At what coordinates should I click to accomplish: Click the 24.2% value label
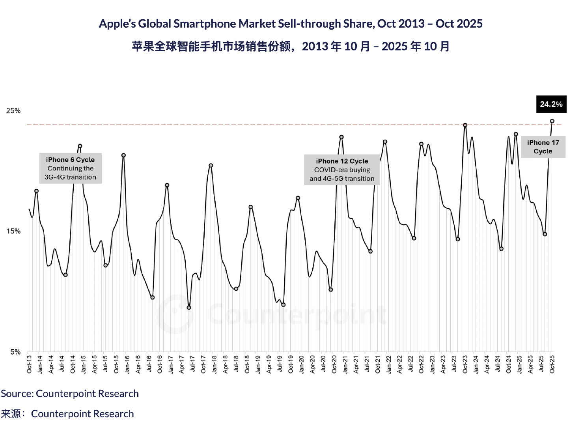coord(551,104)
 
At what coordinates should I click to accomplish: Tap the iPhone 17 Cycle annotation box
coord(543,147)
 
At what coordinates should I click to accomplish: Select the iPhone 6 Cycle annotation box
coord(71,168)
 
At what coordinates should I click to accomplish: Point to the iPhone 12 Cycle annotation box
coord(342,170)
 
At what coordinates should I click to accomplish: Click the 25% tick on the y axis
coord(13,111)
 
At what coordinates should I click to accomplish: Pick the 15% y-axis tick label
coord(13,231)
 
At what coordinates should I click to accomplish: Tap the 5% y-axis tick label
coord(15,352)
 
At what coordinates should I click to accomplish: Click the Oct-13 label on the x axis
coord(29,364)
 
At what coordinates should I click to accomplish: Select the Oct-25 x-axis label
coord(552,364)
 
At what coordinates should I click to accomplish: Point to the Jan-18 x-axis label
coord(214,364)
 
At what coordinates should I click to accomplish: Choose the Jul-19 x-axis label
coord(280,364)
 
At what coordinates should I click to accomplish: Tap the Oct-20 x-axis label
coord(334,364)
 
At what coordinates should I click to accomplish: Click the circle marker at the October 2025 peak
coord(552,121)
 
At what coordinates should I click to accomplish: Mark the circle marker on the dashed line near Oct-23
coord(465,125)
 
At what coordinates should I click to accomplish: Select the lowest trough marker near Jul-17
coord(189,308)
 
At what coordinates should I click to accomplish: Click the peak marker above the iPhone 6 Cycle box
coord(80,146)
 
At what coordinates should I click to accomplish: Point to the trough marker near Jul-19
coord(283,305)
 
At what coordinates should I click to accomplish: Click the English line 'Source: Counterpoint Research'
coord(70,394)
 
